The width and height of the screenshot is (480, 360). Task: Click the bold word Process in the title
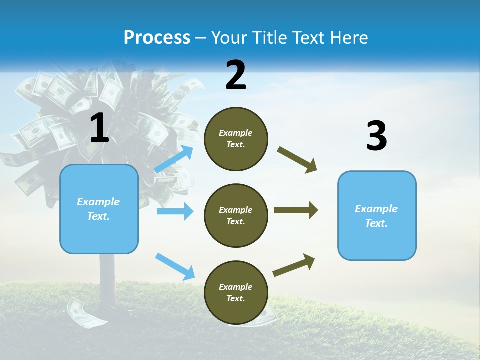click(x=157, y=38)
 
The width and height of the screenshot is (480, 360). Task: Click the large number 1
click(x=99, y=128)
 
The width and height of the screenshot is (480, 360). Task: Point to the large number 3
click(x=376, y=136)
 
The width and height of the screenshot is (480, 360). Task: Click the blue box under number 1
click(x=99, y=209)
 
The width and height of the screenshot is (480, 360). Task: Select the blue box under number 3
click(x=377, y=215)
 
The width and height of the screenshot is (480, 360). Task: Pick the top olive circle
click(x=236, y=139)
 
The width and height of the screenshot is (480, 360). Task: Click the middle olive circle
click(x=236, y=215)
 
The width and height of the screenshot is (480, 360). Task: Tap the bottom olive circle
click(x=236, y=292)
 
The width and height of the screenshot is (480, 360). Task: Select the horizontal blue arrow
click(x=175, y=211)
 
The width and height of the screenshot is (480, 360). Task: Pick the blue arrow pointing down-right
click(x=175, y=266)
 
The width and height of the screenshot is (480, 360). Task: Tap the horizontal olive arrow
click(x=295, y=210)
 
